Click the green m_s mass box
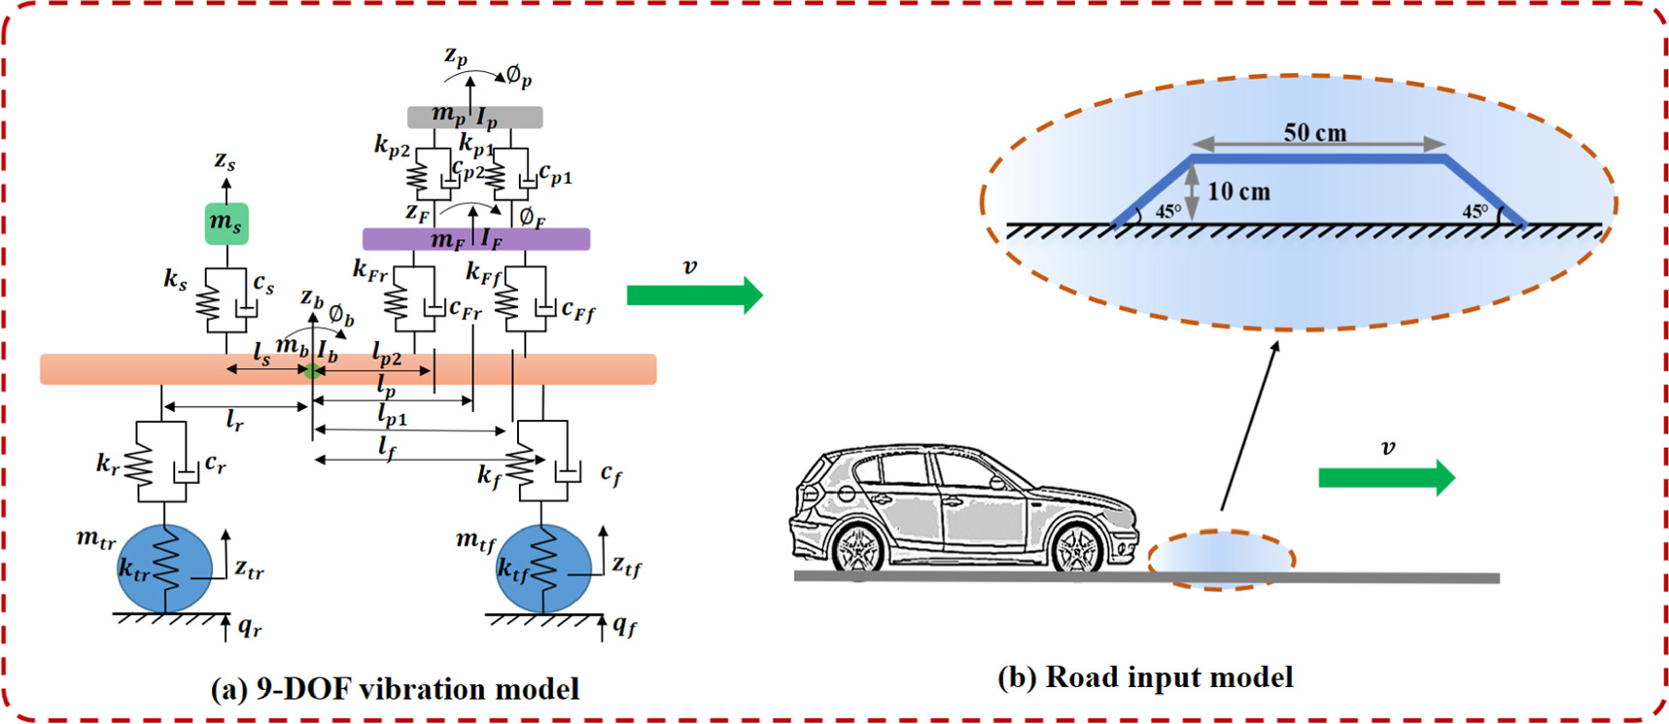point(226,224)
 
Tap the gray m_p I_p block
point(474,118)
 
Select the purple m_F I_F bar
point(475,239)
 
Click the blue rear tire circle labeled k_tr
point(163,569)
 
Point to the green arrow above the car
point(1386,477)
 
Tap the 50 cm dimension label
point(1314,133)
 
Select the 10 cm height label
point(1238,192)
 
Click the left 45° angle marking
point(1167,211)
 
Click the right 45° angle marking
point(1476,211)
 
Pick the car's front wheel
point(1078,549)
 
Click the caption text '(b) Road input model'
point(1145,677)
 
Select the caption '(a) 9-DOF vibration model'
point(395,689)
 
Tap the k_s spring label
point(175,281)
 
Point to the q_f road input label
point(625,627)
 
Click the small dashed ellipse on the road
point(1221,560)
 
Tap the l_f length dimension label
point(388,449)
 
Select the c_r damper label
point(215,465)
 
